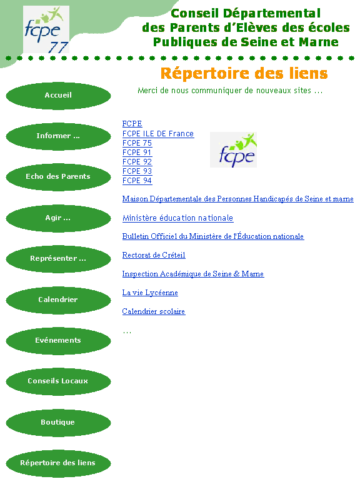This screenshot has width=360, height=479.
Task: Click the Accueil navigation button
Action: pyautogui.click(x=58, y=96)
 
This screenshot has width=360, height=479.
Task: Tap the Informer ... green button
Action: pyautogui.click(x=58, y=136)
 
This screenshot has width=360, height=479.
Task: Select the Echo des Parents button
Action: pyautogui.click(x=58, y=177)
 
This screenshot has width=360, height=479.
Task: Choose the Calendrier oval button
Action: pyautogui.click(x=58, y=300)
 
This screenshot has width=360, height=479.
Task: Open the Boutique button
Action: pyautogui.click(x=58, y=423)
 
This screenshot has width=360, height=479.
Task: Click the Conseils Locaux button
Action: pyautogui.click(x=58, y=381)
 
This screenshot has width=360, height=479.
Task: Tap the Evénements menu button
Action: pyautogui.click(x=58, y=341)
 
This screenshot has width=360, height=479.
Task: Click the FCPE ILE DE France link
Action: pyautogui.click(x=158, y=134)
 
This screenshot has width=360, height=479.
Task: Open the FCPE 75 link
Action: pyautogui.click(x=137, y=143)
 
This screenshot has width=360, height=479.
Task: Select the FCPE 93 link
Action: pyautogui.click(x=137, y=171)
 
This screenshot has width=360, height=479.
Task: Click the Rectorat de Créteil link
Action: pyautogui.click(x=154, y=255)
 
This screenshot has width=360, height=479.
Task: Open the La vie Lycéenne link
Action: pyautogui.click(x=150, y=293)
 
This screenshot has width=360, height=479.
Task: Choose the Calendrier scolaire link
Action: pyautogui.click(x=154, y=311)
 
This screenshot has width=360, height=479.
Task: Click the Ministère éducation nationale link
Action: pyautogui.click(x=177, y=218)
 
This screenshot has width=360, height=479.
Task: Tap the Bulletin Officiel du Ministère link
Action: pyautogui.click(x=213, y=236)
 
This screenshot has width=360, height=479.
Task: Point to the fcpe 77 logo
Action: pyautogui.click(x=46, y=29)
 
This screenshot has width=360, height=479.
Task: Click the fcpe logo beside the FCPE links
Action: pyautogui.click(x=233, y=149)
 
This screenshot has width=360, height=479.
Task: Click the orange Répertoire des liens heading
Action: pyautogui.click(x=244, y=73)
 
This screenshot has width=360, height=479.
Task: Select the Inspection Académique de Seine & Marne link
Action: pyautogui.click(x=193, y=274)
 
